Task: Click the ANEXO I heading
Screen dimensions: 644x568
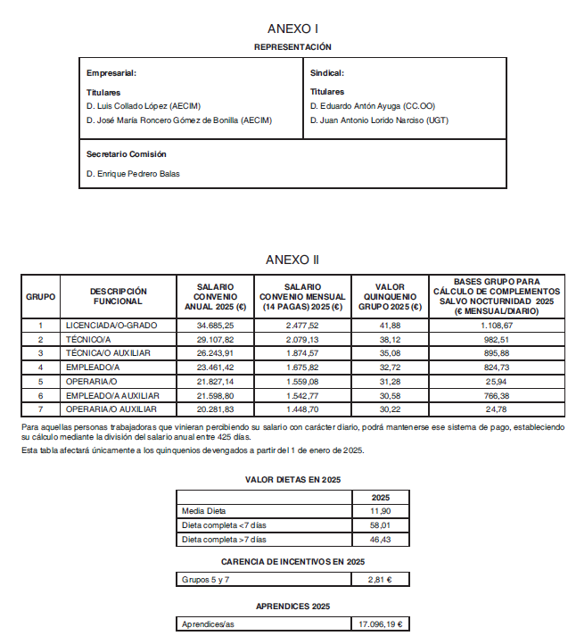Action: coord(292,29)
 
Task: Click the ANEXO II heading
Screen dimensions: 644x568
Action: coord(292,260)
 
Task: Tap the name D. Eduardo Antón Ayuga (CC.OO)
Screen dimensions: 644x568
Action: coord(373,106)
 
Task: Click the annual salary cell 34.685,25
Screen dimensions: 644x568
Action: coord(215,326)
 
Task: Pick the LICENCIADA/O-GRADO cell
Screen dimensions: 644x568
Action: coord(111,326)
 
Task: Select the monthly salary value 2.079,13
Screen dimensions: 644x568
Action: coord(302,340)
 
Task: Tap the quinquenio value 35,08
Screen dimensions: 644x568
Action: coord(390,353)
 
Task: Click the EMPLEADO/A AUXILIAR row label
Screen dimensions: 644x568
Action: coord(112,395)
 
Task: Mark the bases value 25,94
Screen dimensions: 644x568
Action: coord(497,381)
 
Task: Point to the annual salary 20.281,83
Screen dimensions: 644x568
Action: coord(215,409)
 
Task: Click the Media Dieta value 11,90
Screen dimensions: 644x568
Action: coord(380,511)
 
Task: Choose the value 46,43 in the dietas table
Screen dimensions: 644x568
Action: coord(380,540)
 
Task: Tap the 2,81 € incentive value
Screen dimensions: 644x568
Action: coord(380,580)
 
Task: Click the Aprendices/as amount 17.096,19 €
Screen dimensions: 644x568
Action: coord(380,624)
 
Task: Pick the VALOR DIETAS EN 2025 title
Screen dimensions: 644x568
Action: coord(292,479)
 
